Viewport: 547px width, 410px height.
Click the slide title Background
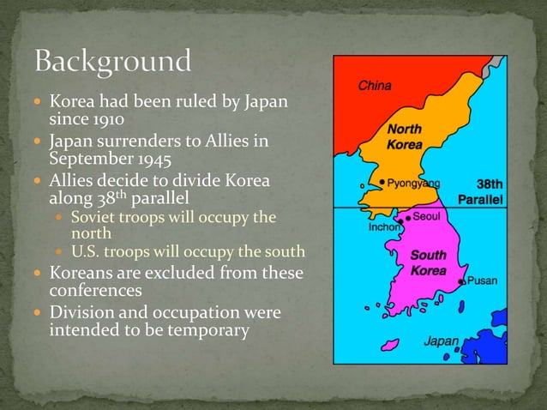[112, 62]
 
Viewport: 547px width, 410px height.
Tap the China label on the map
[375, 86]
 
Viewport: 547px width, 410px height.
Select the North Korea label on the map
[403, 137]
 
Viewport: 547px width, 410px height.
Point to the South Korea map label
[428, 262]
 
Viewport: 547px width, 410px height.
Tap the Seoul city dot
[408, 218]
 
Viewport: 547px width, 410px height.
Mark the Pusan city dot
[461, 281]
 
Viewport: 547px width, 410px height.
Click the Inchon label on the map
[384, 228]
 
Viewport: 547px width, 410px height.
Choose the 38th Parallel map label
[484, 191]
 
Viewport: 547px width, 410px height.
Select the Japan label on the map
[441, 341]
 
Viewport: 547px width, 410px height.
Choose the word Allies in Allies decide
[74, 181]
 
